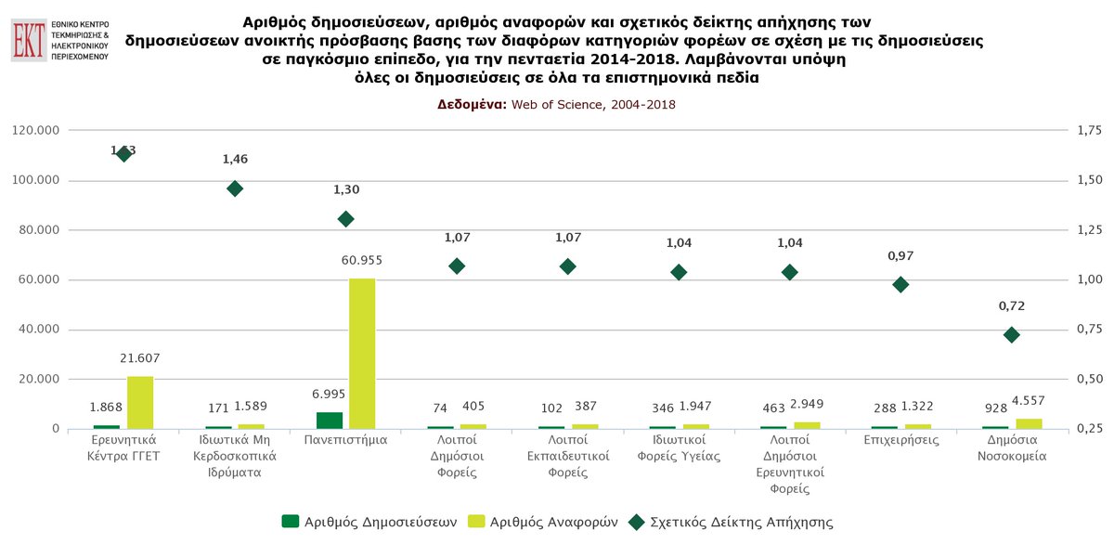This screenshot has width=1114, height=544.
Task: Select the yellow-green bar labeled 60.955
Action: pos(362,354)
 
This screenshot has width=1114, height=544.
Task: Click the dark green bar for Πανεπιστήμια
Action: pos(330,421)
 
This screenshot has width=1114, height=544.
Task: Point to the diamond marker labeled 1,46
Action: pos(235,188)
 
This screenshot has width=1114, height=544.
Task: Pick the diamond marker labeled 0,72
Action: pos(1012,334)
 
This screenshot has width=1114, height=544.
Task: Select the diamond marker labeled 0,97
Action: pos(900,284)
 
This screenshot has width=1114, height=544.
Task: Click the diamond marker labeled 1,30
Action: pos(346,219)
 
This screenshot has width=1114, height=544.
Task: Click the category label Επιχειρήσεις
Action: pos(900,440)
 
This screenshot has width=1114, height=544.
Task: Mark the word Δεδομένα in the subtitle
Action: pos(472,104)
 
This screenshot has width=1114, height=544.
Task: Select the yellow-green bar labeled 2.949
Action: pos(807,425)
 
